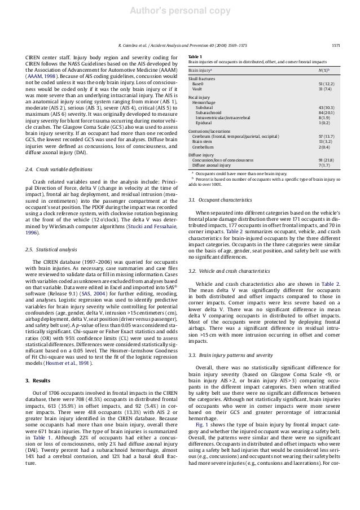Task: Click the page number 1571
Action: [x=335, y=44]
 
